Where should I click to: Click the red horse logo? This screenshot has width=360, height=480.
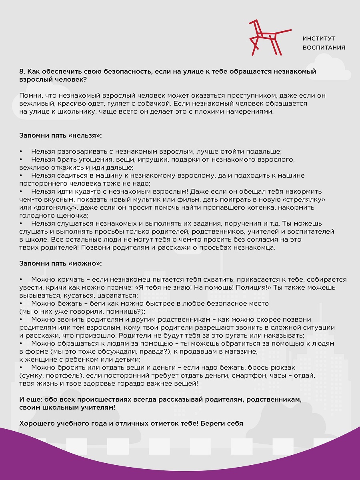click(x=265, y=38)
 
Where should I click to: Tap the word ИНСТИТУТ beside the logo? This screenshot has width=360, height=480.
click(x=319, y=38)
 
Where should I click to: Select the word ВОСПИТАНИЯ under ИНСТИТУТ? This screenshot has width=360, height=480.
click(x=324, y=48)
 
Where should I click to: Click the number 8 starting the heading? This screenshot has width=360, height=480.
click(x=21, y=72)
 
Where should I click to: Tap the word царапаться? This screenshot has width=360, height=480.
click(x=118, y=296)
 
